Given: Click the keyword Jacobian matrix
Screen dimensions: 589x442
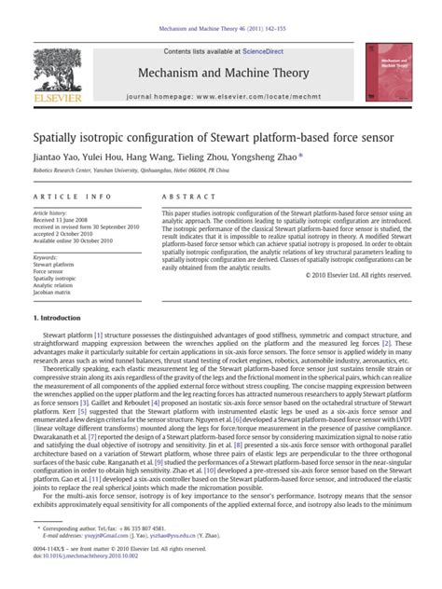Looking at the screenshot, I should pos(56,294).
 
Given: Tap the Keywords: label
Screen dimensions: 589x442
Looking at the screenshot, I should pos(46,257).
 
